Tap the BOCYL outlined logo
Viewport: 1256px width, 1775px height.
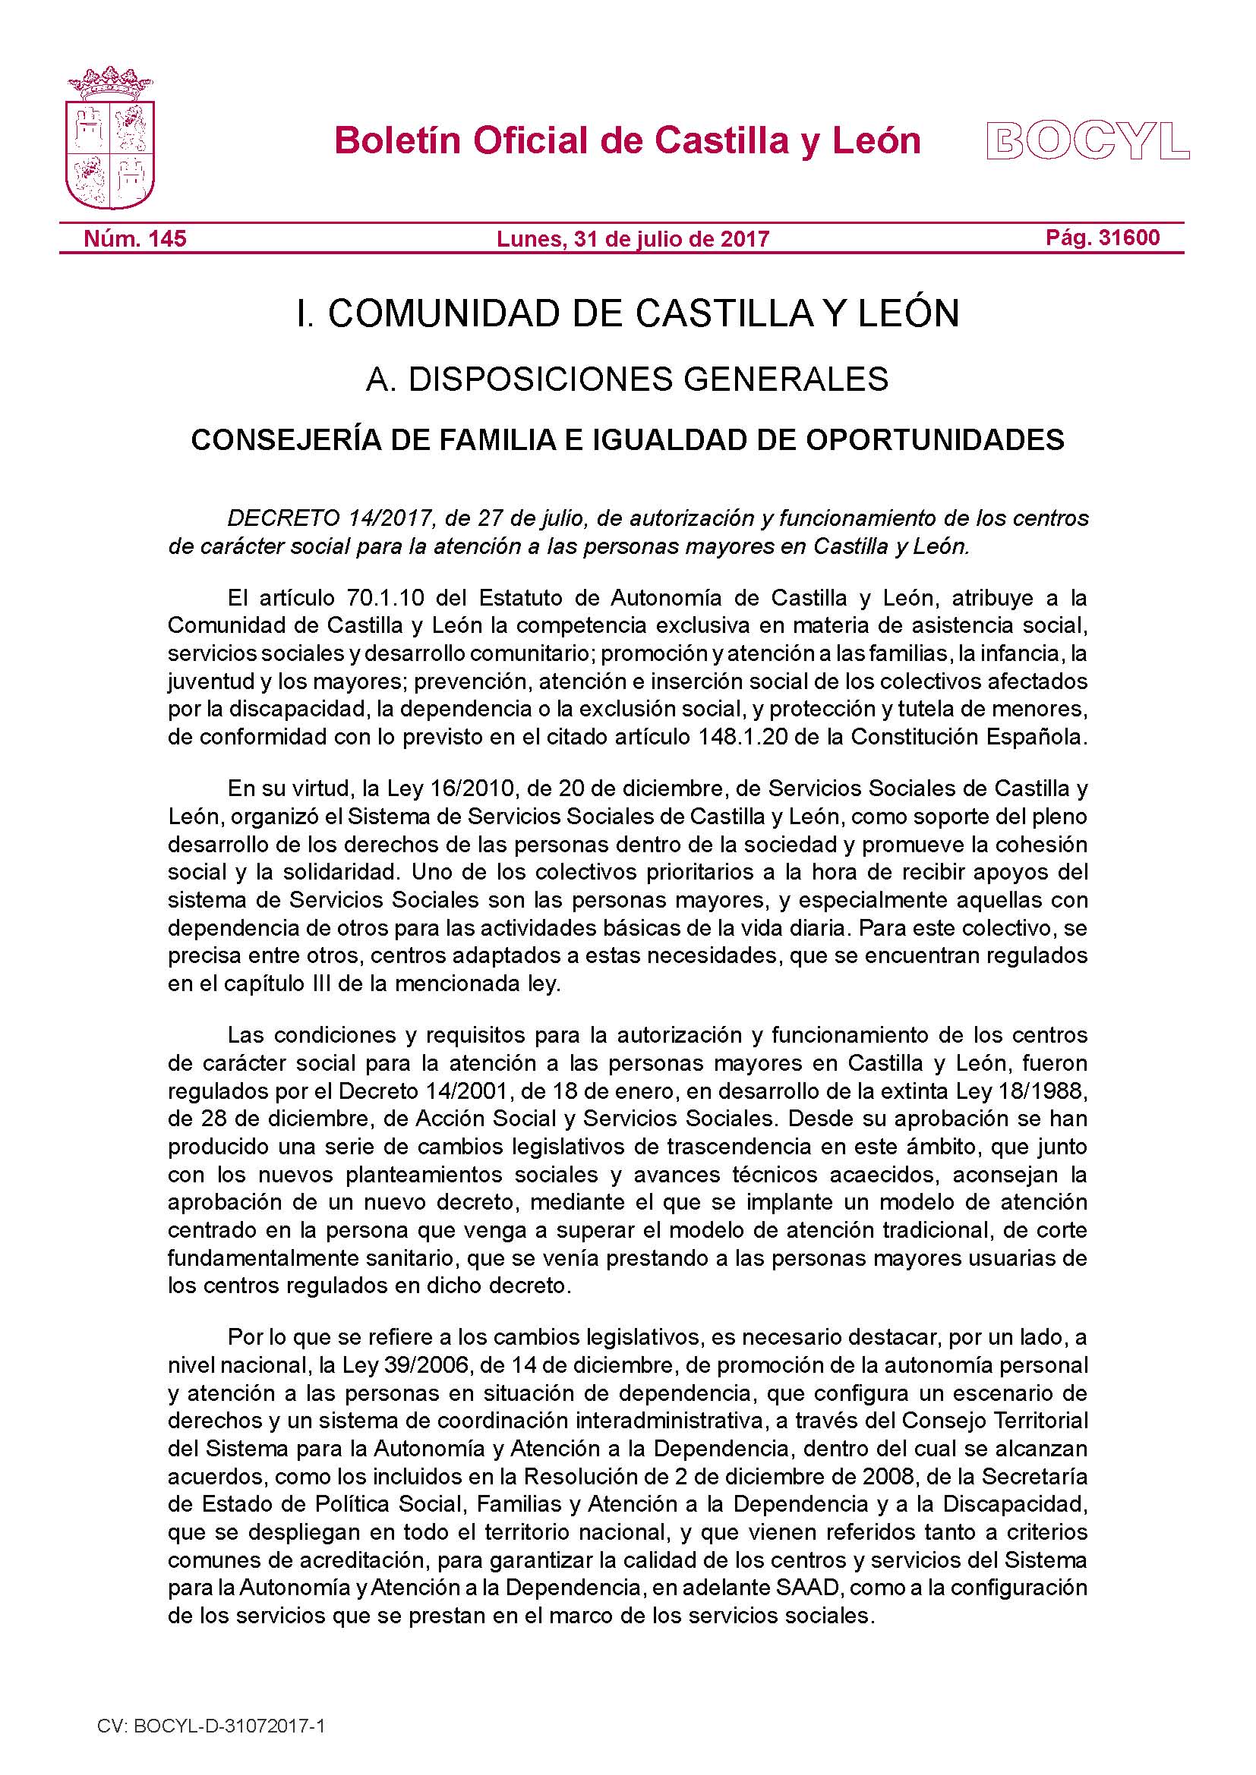[x=1088, y=140]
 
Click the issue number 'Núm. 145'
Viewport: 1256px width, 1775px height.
[x=134, y=238]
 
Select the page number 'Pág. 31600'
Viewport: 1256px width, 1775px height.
[x=1103, y=238]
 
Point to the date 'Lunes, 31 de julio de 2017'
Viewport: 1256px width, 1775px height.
[x=633, y=239]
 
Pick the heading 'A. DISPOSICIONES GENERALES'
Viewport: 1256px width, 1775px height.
[x=627, y=379]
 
